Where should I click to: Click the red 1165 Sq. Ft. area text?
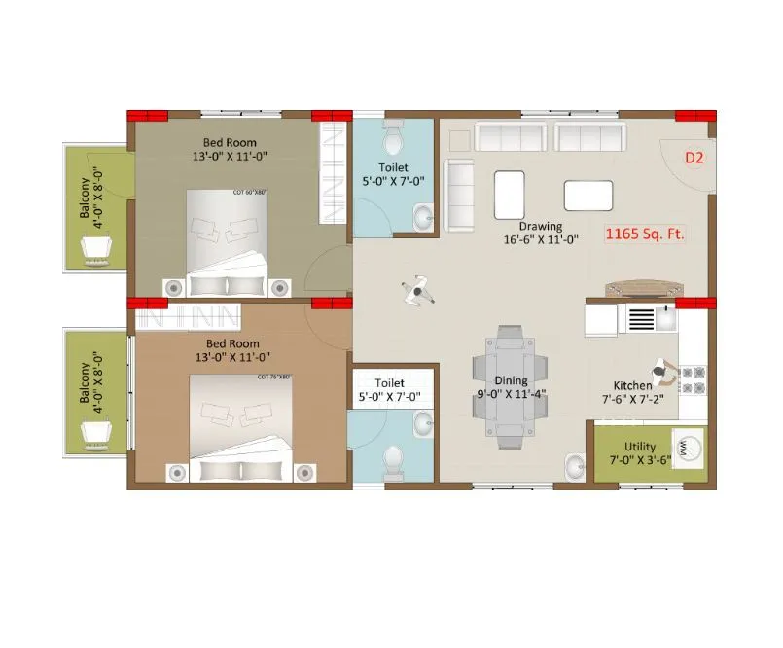tap(645, 234)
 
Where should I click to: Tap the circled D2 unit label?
tap(694, 157)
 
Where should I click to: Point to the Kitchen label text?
tap(632, 385)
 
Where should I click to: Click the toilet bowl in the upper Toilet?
tap(394, 139)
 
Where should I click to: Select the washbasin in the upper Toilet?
tap(423, 217)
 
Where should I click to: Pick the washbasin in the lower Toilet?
tap(423, 422)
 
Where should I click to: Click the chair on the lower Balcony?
tap(97, 432)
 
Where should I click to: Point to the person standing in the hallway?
tap(417, 291)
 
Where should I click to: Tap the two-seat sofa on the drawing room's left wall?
tap(459, 195)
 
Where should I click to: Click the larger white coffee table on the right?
tap(588, 196)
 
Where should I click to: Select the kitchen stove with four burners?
tap(692, 379)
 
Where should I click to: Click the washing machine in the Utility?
tap(689, 449)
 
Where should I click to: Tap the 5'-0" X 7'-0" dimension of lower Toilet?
tap(389, 397)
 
